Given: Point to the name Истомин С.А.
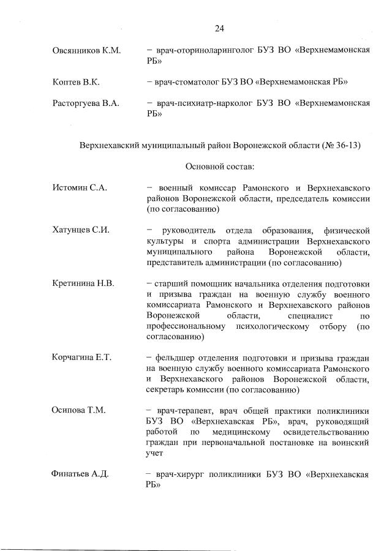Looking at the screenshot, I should click(x=80, y=188).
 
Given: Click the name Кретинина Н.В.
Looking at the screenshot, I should click(x=84, y=283).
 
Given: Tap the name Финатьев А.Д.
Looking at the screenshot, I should click(x=80, y=473).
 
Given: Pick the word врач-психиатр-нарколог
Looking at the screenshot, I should click(x=200, y=103).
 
